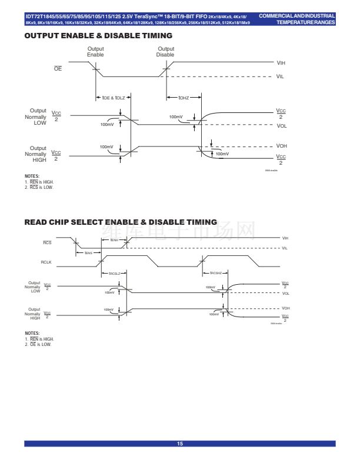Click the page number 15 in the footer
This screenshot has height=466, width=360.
click(180, 443)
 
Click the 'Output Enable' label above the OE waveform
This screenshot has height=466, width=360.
click(95, 51)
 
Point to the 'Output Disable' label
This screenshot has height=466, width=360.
click(165, 51)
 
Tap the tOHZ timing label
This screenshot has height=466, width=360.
click(175, 97)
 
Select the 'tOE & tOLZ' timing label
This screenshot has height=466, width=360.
click(111, 97)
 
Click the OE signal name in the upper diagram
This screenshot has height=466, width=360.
click(58, 69)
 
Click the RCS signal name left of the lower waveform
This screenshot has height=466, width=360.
click(48, 242)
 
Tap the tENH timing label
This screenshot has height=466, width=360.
click(115, 240)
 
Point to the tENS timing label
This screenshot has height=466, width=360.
click(89, 253)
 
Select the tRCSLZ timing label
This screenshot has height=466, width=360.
click(114, 273)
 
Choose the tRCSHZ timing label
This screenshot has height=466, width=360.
click(216, 273)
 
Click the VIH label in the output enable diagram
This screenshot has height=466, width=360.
click(281, 62)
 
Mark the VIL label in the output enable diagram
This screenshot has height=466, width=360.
click(281, 76)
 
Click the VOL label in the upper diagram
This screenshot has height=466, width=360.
click(282, 125)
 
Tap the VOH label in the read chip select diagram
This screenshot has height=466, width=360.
click(286, 308)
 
